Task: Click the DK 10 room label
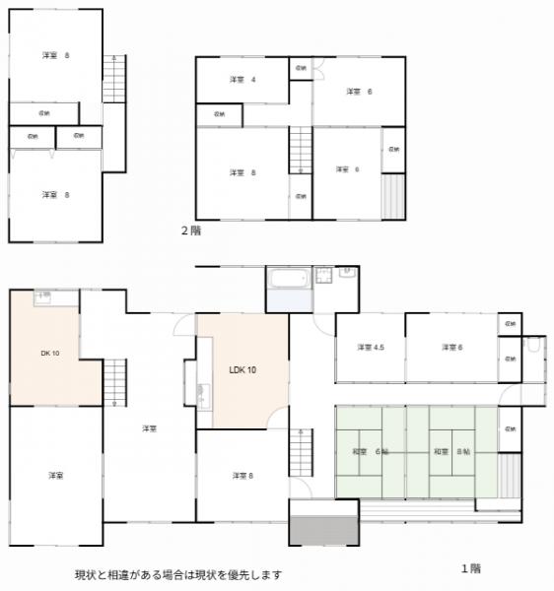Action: click(50, 352)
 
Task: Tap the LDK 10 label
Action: click(242, 369)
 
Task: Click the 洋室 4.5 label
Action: click(371, 347)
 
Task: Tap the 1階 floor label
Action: click(471, 567)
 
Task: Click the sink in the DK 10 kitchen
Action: click(42, 295)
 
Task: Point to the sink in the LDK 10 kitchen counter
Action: click(203, 396)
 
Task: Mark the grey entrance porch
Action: click(323, 523)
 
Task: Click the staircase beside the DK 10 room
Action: click(115, 381)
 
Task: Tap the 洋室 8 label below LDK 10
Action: click(242, 476)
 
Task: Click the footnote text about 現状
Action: click(178, 574)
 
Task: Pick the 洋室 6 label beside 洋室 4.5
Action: click(451, 347)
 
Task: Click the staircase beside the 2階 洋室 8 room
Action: click(300, 150)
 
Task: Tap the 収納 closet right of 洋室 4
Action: click(301, 68)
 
